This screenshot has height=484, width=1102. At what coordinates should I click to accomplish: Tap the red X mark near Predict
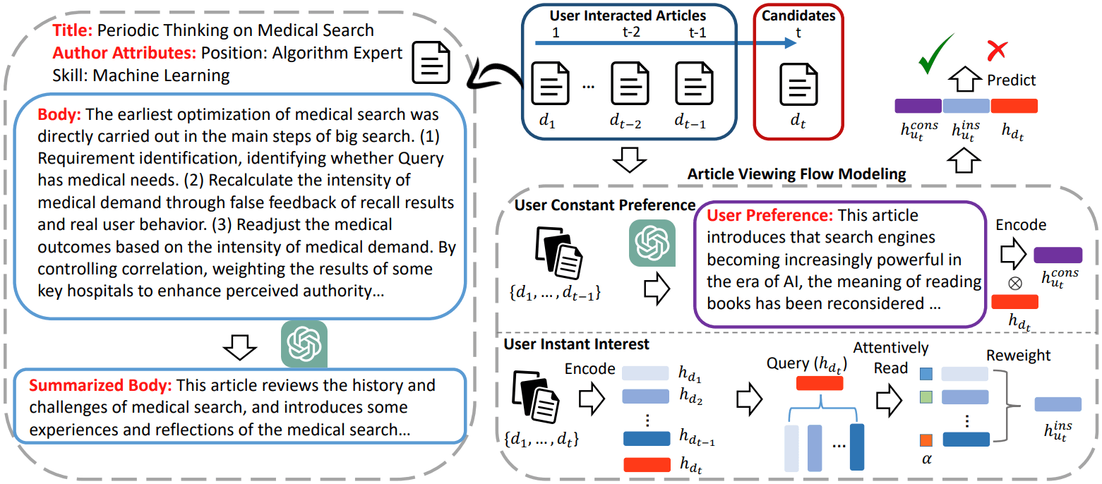tap(997, 50)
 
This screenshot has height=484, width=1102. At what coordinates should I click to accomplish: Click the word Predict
tap(1012, 80)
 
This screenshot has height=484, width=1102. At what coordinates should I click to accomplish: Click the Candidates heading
tap(798, 15)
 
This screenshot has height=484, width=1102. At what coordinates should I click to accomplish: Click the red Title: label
tap(73, 30)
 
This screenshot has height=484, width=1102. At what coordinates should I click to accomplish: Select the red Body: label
tap(59, 114)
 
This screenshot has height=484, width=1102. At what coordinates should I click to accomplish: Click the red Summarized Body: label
tap(100, 386)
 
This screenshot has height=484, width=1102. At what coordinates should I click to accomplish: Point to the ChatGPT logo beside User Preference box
tap(652, 243)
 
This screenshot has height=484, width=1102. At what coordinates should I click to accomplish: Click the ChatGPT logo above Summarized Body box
tap(304, 344)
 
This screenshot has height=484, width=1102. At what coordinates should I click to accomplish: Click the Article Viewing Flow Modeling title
tap(796, 173)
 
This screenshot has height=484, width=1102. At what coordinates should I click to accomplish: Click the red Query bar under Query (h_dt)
tap(819, 383)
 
